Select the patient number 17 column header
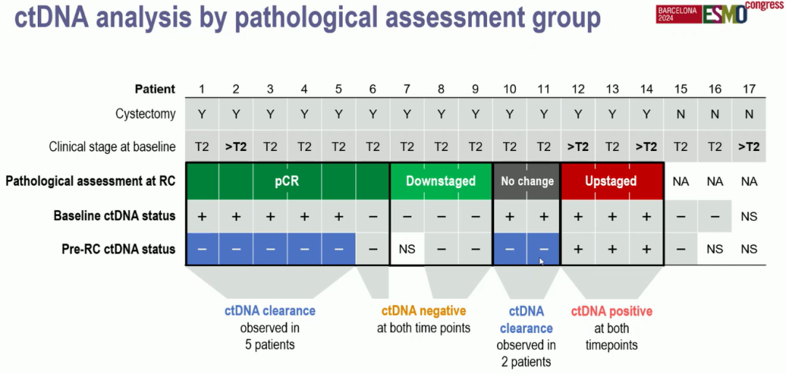tap(749, 89)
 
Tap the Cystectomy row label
tap(146, 114)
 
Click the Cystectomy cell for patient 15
tap(680, 114)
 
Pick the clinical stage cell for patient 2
tap(236, 147)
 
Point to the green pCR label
tap(287, 181)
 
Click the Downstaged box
tap(440, 181)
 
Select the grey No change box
tap(526, 181)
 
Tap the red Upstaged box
tap(611, 181)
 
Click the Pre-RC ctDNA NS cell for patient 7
tap(407, 249)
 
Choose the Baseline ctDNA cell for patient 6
tap(373, 217)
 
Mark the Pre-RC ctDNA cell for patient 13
tap(612, 249)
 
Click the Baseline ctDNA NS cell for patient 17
tap(749, 217)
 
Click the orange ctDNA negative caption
tap(424, 311)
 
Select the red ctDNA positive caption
tap(611, 311)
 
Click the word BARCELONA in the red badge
tap(677, 11)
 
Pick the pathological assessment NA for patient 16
tap(715, 181)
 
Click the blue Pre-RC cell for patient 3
tap(270, 249)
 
